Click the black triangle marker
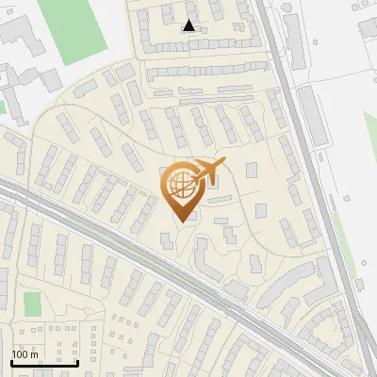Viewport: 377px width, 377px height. point(189,25)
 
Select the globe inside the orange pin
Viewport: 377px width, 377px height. point(179,182)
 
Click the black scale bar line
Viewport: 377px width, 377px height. point(44,362)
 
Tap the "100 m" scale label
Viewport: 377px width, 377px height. point(25,354)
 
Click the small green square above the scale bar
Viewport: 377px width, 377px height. point(32,304)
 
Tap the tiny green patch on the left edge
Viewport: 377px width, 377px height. point(3,106)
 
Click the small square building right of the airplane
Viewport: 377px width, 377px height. point(252,170)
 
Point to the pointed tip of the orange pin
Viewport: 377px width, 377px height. point(180,221)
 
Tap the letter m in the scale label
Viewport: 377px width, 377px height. point(34,355)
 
